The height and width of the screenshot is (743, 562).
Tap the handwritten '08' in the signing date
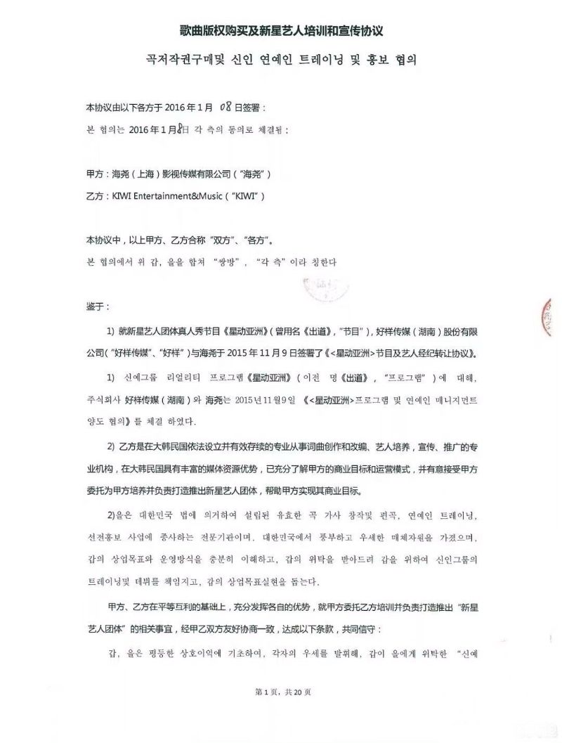point(226,107)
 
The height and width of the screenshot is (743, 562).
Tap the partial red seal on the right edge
point(555,314)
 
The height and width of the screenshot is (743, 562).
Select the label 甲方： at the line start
point(97,173)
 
